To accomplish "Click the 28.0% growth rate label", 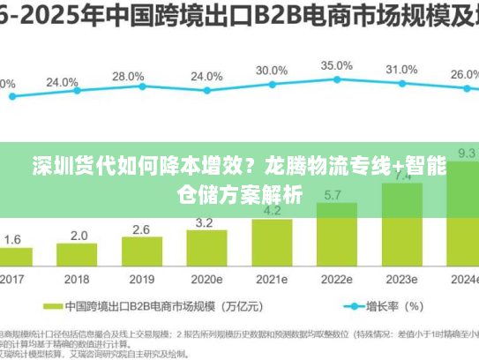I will click(x=128, y=77).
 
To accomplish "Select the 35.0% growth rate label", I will click(x=336, y=65).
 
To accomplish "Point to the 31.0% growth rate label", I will click(x=401, y=70).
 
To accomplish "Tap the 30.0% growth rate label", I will click(x=272, y=71).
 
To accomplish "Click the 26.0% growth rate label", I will click(x=465, y=75).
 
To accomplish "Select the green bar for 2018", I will click(x=79, y=256).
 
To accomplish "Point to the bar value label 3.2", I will click(x=204, y=222).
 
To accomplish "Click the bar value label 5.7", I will click(x=334, y=195).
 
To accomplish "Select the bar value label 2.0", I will click(x=79, y=236).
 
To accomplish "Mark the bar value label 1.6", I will click(x=13, y=239).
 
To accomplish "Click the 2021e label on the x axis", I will click(x=272, y=280).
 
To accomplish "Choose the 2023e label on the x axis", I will click(x=401, y=280).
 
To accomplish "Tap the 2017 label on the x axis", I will click(x=11, y=280).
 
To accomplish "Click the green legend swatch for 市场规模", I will click(x=75, y=307).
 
